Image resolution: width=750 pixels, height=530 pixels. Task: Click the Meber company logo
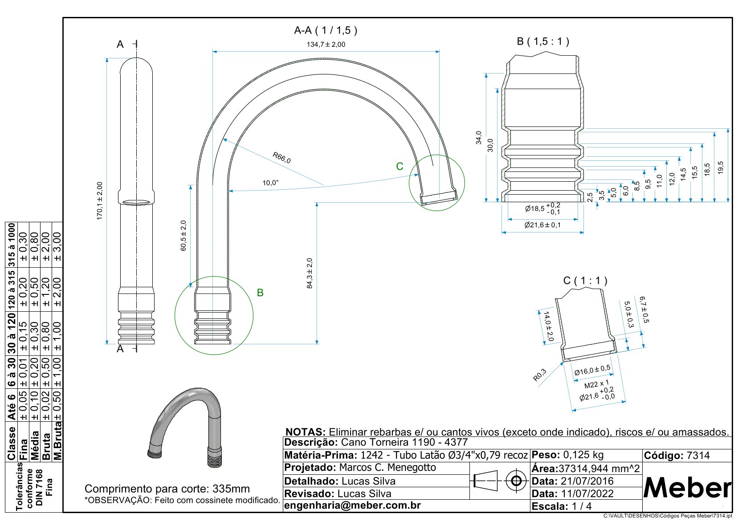[x=687, y=488]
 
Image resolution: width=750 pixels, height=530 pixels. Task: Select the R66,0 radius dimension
[x=281, y=158]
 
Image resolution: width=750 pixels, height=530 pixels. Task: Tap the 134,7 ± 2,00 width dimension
[x=326, y=45]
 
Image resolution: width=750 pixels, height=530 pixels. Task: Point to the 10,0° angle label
[x=270, y=183]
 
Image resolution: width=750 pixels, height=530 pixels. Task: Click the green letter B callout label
[x=260, y=293]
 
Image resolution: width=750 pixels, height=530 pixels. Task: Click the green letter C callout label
[x=399, y=166]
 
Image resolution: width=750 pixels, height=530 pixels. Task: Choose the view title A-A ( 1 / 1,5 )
[x=326, y=30]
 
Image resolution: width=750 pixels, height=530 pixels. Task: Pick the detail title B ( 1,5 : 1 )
[x=542, y=41]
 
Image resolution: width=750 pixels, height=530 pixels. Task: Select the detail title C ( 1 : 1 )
[x=585, y=281]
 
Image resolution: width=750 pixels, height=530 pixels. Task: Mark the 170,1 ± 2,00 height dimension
[x=99, y=200]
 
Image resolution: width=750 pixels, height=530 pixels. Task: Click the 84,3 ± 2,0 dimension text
[x=310, y=273]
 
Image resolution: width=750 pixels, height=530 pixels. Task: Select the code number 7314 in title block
[x=698, y=456]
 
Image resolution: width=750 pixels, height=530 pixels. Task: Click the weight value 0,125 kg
[x=583, y=455]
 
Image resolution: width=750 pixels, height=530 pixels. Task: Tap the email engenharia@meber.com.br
[x=352, y=506]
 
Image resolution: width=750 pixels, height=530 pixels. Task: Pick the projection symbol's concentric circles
[x=516, y=481]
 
